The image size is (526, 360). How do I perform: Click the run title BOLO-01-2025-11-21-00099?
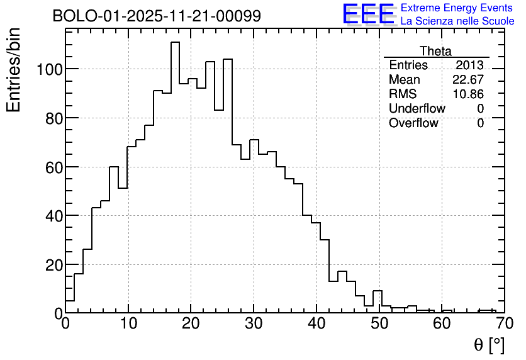pyautogui.click(x=157, y=16)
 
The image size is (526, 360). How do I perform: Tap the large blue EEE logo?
pyautogui.click(x=367, y=15)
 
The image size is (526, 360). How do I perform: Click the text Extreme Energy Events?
pyautogui.click(x=457, y=8)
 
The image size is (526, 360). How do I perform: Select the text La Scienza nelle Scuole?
pyautogui.click(x=457, y=21)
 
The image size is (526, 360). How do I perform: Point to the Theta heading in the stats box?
pyautogui.click(x=435, y=51)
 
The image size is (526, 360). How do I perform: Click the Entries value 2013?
pyautogui.click(x=469, y=65)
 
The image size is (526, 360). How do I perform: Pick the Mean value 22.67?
pyautogui.click(x=468, y=80)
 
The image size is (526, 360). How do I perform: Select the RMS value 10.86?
pyautogui.click(x=468, y=94)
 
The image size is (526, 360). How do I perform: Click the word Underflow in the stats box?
pyautogui.click(x=417, y=108)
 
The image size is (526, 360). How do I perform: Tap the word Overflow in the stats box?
pyautogui.click(x=413, y=123)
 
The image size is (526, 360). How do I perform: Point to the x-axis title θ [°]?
pyautogui.click(x=488, y=345)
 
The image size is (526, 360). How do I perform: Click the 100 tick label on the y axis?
pyautogui.click(x=48, y=69)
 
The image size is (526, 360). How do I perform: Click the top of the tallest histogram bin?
pyautogui.click(x=175, y=42)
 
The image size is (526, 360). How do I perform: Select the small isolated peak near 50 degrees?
pyautogui.click(x=378, y=291)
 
